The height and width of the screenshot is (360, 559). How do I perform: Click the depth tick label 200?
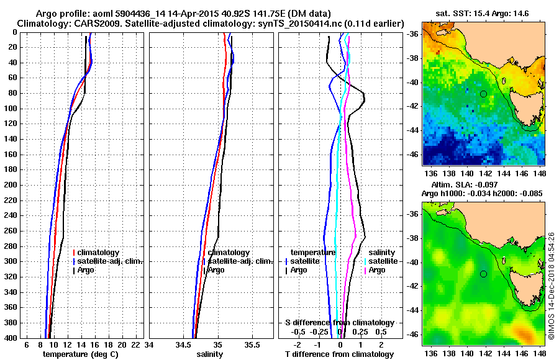(11, 185)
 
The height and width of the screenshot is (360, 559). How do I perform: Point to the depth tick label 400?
(11, 338)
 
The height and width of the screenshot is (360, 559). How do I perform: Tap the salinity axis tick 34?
(150, 344)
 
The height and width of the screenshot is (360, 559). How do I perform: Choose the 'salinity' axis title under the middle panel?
(209, 354)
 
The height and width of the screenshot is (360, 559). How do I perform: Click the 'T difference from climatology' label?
(339, 354)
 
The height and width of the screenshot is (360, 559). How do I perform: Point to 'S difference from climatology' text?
(339, 323)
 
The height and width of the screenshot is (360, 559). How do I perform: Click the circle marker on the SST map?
(483, 94)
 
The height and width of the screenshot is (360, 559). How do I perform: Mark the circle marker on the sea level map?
(483, 274)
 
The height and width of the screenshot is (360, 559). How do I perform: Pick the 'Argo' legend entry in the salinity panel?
(216, 270)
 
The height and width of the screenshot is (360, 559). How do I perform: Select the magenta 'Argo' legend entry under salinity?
(377, 270)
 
